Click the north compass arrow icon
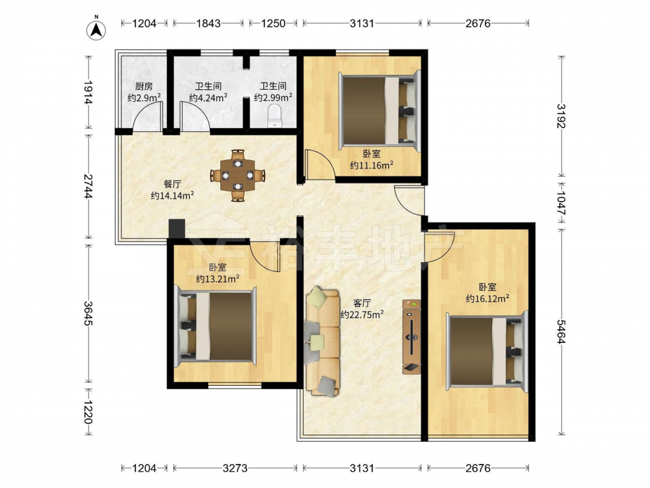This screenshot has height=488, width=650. pos(96,30)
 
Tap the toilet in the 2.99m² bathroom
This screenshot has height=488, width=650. pos(274,116)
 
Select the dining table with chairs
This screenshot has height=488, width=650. pos(237,176)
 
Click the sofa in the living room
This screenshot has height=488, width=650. pos(323,341)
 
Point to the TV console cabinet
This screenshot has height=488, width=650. pos(411,337)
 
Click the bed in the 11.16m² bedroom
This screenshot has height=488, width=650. pos(380,109)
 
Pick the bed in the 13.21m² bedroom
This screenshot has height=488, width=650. pos(216,326)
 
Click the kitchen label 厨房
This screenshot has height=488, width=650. pos(144,87)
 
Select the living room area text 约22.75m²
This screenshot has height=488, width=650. pos(362,314)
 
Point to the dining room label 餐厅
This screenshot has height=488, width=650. pos(172,184)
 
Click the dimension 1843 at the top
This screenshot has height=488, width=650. pos(208,23)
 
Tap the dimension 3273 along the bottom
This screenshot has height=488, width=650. pos(235,468)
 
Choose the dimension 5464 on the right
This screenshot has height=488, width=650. pos(561,332)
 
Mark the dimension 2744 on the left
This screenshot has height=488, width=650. pos(88,186)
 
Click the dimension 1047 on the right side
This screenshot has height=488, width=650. pos(561,203)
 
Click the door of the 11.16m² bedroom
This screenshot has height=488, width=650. pos(319,165)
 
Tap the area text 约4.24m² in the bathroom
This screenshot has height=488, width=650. pos(208,98)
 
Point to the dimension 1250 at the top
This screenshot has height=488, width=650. pos(273,23)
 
